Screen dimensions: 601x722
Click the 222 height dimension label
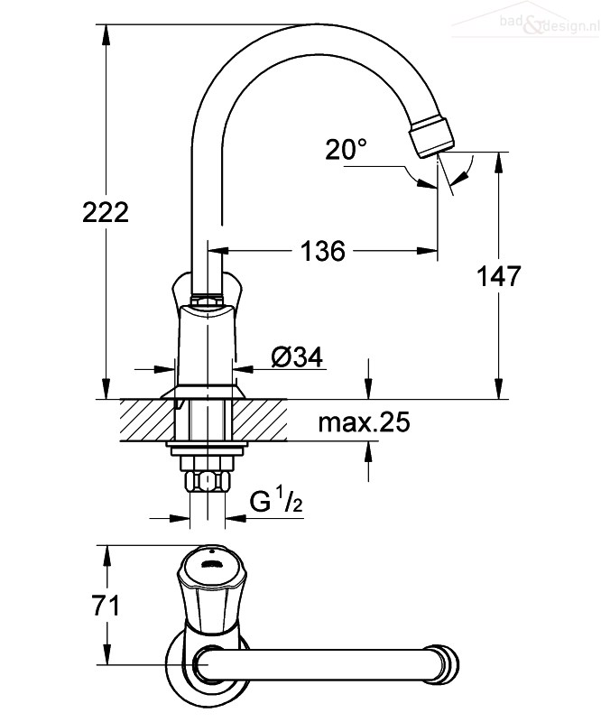[x=106, y=213]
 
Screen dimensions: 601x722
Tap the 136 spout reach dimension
[x=322, y=252]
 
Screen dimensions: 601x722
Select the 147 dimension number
[x=498, y=276]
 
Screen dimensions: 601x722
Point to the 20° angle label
[x=347, y=149]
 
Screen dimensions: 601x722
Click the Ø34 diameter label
[x=297, y=356]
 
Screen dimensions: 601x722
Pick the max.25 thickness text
[x=364, y=421]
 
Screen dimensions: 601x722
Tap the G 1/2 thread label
[x=276, y=501]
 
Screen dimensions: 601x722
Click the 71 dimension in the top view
[x=106, y=605]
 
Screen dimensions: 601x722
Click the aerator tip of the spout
[x=431, y=137]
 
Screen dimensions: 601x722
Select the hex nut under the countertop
[x=208, y=482]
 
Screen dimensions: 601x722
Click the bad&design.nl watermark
[x=548, y=24]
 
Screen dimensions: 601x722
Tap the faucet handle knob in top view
[x=212, y=589]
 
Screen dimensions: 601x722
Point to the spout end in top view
[x=444, y=664]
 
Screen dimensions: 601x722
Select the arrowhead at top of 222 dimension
[x=106, y=34]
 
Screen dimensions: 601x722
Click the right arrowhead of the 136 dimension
[x=427, y=251]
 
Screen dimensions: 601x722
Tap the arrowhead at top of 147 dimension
[x=498, y=162]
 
